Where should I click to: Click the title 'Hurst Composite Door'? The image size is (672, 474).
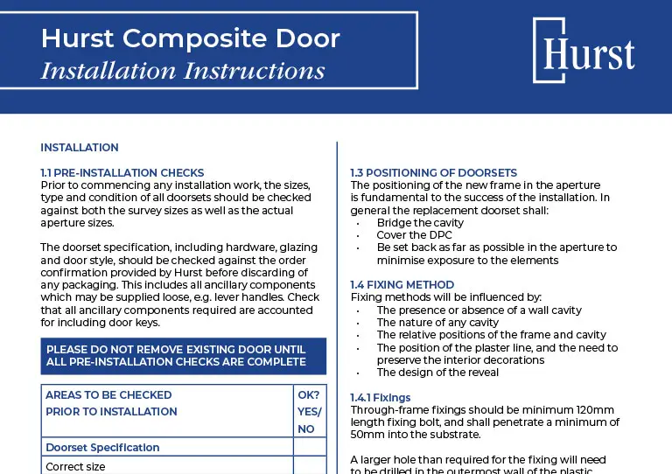[x=191, y=38]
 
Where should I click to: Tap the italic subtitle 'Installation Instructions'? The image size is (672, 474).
[x=183, y=70]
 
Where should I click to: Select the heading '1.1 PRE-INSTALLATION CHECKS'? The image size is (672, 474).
[x=122, y=173]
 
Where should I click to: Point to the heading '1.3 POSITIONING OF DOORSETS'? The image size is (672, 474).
[x=433, y=173]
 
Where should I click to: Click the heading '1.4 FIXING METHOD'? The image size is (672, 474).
[x=402, y=285]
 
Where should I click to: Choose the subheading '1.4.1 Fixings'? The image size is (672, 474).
[x=380, y=398]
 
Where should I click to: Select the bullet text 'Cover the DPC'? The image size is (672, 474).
[x=413, y=235]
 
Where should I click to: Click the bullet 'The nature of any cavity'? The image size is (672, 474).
[x=438, y=323]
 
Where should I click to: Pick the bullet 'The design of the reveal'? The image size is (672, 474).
[x=437, y=373]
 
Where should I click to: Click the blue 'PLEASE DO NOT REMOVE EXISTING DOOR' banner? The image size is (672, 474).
[x=184, y=356]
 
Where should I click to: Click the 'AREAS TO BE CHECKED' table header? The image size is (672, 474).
[x=108, y=395]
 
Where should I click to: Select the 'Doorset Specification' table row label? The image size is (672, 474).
[x=102, y=448]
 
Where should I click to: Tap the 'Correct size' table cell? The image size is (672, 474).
[x=75, y=467]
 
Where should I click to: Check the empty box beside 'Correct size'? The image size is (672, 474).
[x=309, y=466]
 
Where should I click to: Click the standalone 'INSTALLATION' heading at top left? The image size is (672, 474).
[x=80, y=148]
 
